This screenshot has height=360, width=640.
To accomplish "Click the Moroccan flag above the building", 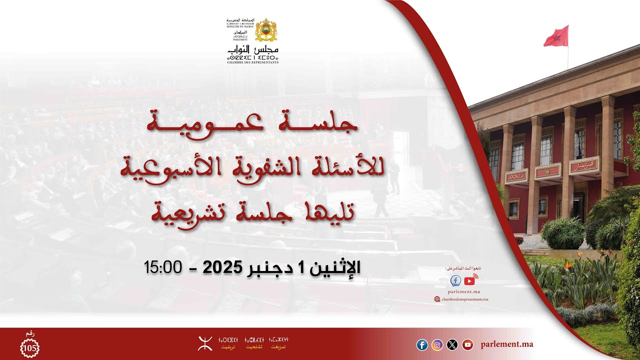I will click(x=556, y=36).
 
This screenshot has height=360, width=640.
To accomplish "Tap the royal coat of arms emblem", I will click(x=266, y=30).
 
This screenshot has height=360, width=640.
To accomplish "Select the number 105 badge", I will click(x=29, y=347).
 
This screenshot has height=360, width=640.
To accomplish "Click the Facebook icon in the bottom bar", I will click(x=422, y=344).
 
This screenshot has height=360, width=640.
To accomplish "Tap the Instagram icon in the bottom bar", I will click(x=437, y=344).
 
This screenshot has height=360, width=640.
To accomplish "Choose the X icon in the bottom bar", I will click(x=452, y=344).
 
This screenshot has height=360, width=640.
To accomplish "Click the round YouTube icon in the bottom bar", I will click(x=467, y=344).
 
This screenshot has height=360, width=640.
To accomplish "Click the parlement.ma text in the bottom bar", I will click(x=506, y=344).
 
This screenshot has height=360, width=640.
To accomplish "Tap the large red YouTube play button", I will click(x=469, y=280).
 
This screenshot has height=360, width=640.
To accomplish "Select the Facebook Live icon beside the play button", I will click(x=455, y=280).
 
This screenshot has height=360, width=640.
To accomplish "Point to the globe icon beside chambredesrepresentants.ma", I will click(x=437, y=299).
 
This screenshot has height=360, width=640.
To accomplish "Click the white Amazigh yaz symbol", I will click(x=204, y=343).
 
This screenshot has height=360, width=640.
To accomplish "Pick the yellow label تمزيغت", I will click(x=278, y=346).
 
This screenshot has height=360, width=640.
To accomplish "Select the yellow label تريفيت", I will click(x=228, y=346).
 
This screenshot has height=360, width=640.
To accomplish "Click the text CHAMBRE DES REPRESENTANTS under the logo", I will click(x=252, y=62).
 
